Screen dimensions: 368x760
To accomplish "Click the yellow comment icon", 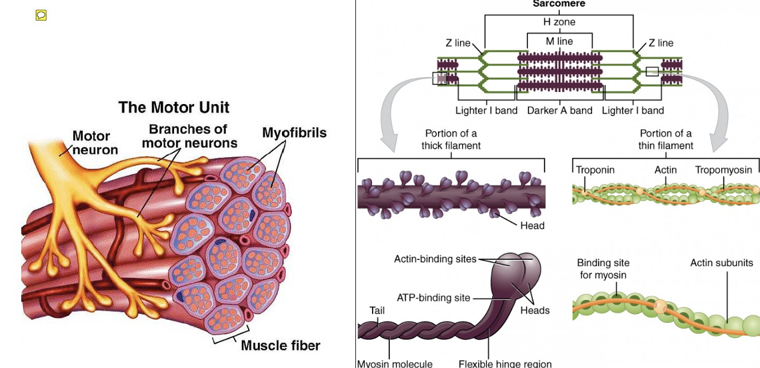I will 41,15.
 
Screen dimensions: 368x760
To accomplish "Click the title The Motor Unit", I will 173,107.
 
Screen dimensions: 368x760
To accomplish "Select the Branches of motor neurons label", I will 189,136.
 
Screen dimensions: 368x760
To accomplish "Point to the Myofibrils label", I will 294,133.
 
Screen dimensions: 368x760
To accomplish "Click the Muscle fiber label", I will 280,345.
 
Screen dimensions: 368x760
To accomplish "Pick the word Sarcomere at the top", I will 559,4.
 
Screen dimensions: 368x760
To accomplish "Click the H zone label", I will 559,22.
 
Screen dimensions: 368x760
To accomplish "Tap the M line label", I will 559,41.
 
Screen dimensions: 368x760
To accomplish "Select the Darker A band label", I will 559,111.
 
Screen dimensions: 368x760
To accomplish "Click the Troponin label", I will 595,170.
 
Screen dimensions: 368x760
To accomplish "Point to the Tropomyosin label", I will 723,170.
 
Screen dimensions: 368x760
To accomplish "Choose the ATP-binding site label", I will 433,298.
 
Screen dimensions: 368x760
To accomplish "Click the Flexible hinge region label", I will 505,363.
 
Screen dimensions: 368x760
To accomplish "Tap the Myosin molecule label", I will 395,363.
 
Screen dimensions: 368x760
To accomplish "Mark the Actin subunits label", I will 721,263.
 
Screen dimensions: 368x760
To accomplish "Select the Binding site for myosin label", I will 603,269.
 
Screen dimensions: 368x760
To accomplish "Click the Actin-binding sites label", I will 435,259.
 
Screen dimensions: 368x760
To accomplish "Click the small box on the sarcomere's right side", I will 651,72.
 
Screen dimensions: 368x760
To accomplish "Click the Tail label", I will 377,310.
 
